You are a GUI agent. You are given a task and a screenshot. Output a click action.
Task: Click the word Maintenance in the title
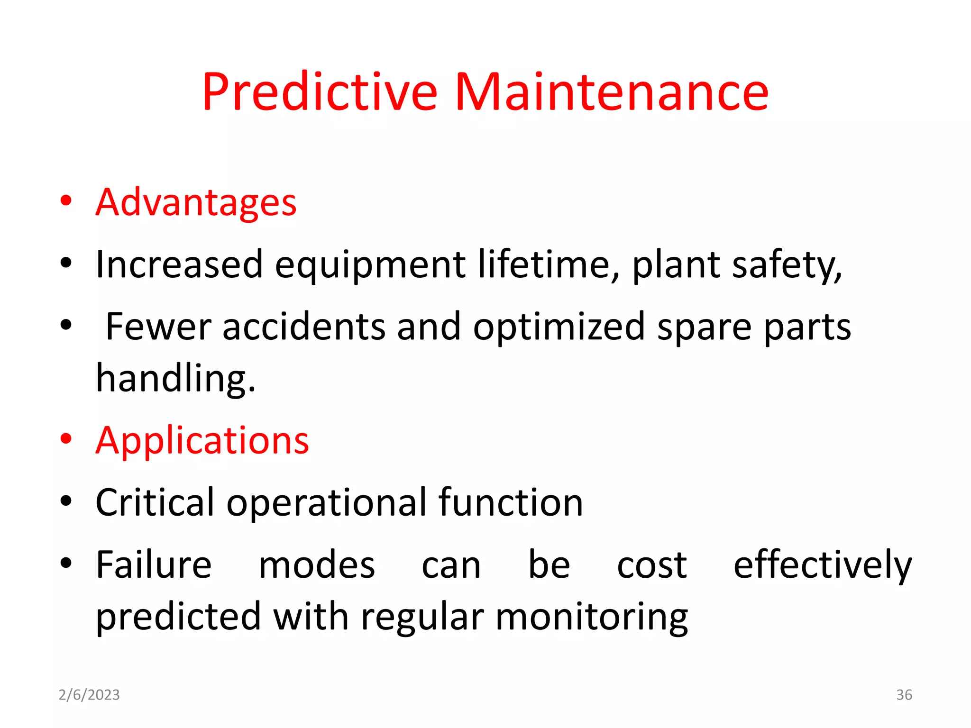612,92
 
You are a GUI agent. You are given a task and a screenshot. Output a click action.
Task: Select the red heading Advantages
196,202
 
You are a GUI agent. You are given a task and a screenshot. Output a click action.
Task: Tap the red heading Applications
202,441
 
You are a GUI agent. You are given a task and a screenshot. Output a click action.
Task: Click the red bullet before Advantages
66,201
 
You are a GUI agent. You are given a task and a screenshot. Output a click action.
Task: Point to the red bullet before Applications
66,439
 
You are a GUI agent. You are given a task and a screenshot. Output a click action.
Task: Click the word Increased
179,264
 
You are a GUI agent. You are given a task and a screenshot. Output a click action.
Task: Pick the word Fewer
158,327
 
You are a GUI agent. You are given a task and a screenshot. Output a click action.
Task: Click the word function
510,502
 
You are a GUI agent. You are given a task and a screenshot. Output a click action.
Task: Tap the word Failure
154,565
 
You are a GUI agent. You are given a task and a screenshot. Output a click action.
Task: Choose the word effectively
822,565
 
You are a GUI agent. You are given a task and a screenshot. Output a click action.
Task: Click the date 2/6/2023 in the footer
89,695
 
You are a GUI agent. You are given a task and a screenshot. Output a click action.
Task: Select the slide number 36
904,695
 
